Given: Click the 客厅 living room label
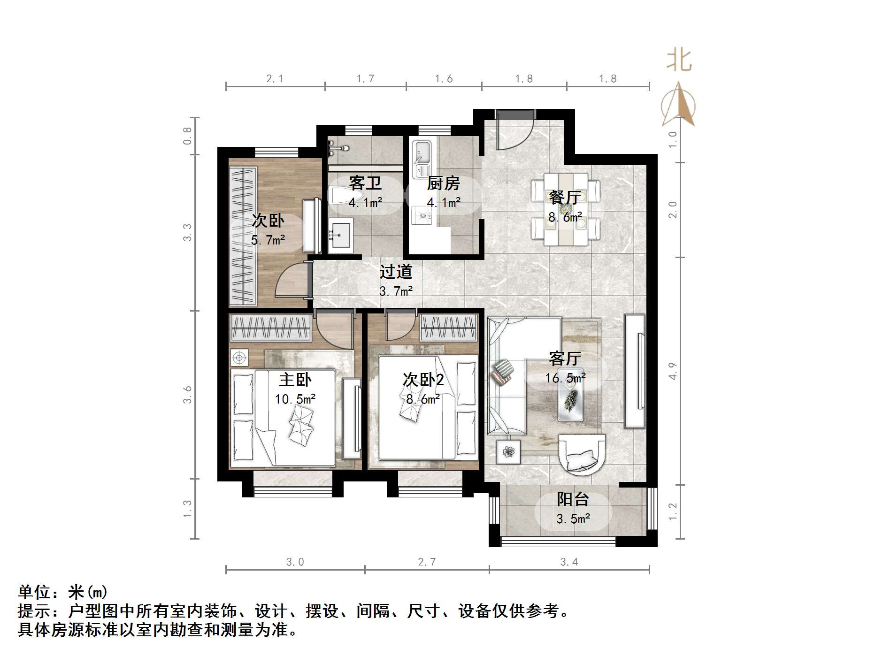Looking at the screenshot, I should tap(565, 359).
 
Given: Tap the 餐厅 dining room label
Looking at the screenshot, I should tap(565, 198).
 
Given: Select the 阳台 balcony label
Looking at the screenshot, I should tap(573, 499).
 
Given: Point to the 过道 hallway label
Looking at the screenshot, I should tap(396, 272).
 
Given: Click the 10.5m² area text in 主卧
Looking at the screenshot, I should tap(295, 399).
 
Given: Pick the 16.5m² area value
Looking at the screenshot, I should tap(565, 378).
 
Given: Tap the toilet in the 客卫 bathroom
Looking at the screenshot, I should tap(346, 196).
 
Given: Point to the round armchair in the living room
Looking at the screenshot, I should tap(582, 454).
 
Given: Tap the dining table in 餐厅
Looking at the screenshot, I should tap(566, 209).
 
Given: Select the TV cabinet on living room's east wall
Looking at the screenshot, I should tap(635, 371).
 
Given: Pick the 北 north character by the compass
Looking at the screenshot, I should tap(679, 61).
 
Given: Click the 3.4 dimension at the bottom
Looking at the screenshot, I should tap(569, 562).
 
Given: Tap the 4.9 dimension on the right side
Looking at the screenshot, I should tap(673, 371).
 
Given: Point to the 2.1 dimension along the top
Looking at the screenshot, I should tap(275, 79).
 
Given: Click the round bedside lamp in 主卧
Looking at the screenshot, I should tap(239, 358).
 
